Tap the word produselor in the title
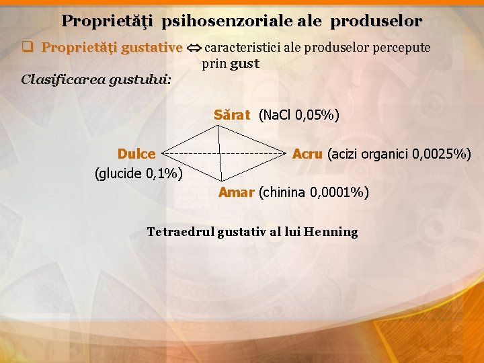376,22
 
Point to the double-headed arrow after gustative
194,48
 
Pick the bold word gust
244,65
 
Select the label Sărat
232,115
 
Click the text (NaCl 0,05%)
299,115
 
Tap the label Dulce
136,154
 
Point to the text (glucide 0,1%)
139,173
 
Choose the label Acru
307,154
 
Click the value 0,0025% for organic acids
437,154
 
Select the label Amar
236,193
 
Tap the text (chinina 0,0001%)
313,193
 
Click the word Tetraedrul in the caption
180,232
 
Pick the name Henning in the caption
331,232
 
